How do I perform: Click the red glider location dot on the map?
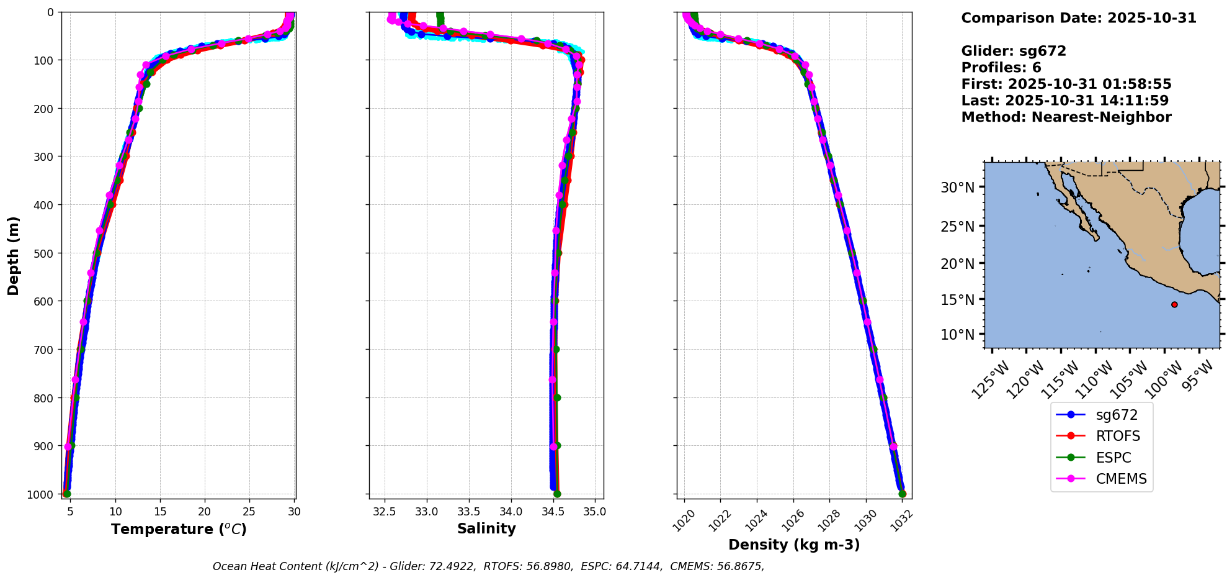click(x=1174, y=304)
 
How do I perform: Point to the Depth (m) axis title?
click(x=14, y=255)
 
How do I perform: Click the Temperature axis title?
click(x=179, y=529)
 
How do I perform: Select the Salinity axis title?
click(x=486, y=528)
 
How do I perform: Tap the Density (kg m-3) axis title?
click(x=794, y=545)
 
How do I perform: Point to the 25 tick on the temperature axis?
click(x=249, y=512)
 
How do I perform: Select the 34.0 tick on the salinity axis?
click(x=511, y=512)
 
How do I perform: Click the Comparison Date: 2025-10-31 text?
click(x=1079, y=18)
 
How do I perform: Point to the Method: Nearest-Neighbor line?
click(x=1066, y=117)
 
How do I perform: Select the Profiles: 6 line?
click(x=1001, y=68)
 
